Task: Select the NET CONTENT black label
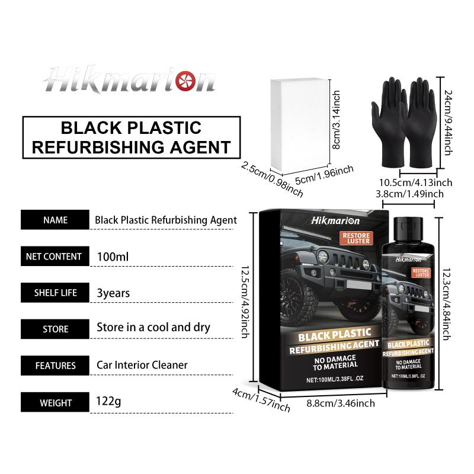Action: (x=55, y=257)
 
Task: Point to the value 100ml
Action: (x=113, y=257)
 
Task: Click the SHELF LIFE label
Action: (x=55, y=293)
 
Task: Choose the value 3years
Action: (x=113, y=293)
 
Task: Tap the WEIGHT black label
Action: (x=55, y=402)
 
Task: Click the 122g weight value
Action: (x=108, y=402)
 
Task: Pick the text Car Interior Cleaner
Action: (x=142, y=365)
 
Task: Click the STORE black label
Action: (x=55, y=329)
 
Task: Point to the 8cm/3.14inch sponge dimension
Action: (x=337, y=120)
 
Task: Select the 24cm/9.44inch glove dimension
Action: (x=449, y=123)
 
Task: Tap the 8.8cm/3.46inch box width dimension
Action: (x=341, y=403)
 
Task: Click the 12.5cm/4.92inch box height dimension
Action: (x=245, y=302)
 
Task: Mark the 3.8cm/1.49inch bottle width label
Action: (x=409, y=194)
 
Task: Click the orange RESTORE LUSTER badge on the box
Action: (x=356, y=238)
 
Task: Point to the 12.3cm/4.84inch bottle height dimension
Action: (x=447, y=305)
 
